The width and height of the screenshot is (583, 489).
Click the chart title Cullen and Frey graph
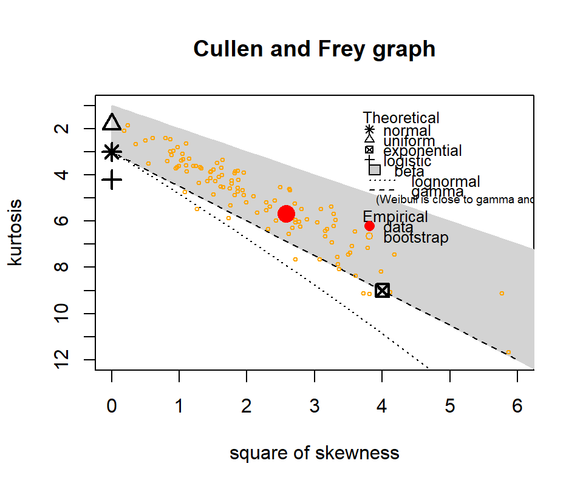click(x=314, y=49)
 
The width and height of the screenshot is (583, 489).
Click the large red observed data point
click(x=287, y=214)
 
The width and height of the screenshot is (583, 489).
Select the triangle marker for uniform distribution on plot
click(x=112, y=123)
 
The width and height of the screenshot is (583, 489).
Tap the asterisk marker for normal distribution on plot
click(x=112, y=152)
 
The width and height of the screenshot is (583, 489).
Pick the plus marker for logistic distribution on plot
click(x=112, y=180)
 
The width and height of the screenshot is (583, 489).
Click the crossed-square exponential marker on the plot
click(x=382, y=290)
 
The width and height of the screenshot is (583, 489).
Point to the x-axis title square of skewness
click(x=314, y=453)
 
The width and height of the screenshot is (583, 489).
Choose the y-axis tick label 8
click(x=81, y=267)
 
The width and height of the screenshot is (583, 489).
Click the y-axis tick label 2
click(x=81, y=129)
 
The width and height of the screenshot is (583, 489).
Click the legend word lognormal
click(x=446, y=181)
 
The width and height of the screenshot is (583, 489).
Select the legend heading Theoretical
click(x=401, y=118)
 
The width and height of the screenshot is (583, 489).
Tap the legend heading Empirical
click(x=395, y=217)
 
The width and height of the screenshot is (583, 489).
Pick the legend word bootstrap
click(x=416, y=237)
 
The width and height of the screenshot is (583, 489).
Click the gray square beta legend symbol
click(x=375, y=170)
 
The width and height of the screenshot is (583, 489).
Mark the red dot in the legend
click(x=369, y=226)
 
